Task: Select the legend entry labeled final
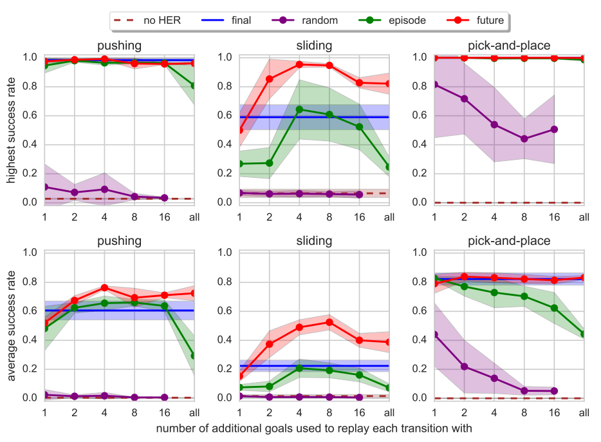[x=232, y=21]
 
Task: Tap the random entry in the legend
[x=309, y=21]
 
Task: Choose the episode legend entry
[x=395, y=21]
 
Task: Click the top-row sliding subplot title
[x=314, y=46]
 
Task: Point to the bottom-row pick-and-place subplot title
[x=508, y=242]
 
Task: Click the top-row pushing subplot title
[x=119, y=46]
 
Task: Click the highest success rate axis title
[x=12, y=129]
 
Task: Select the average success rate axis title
[x=12, y=325]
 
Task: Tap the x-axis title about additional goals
[x=314, y=428]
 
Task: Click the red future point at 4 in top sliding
[x=299, y=64]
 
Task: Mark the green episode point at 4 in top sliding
[x=299, y=110]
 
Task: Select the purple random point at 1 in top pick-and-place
[x=434, y=84]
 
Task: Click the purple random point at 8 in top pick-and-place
[x=524, y=139]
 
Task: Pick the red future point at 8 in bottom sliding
[x=329, y=322]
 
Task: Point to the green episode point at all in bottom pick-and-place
[x=584, y=334]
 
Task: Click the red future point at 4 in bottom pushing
[x=104, y=287]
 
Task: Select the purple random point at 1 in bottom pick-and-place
[x=434, y=334]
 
